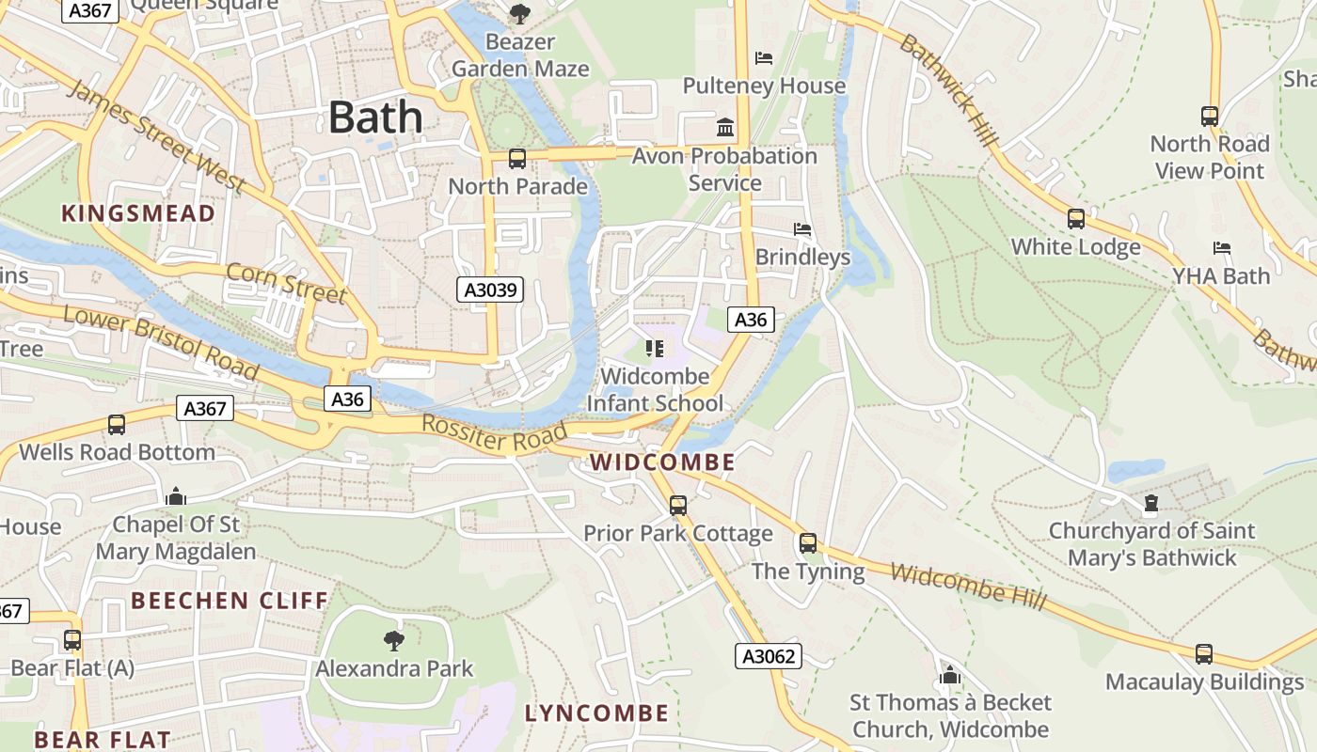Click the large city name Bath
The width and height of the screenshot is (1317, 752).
tap(375, 117)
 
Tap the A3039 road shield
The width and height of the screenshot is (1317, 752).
tap(489, 290)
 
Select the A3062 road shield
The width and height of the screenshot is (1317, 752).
tap(768, 656)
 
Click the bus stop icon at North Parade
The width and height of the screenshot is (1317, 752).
tap(517, 159)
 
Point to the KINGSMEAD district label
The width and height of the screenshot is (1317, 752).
tap(138, 214)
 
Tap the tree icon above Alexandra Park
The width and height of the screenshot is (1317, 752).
tap(394, 641)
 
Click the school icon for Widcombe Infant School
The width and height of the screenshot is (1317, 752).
tap(655, 350)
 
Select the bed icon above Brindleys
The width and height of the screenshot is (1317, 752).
tap(802, 229)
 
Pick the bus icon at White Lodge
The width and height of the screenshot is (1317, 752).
tap(1076, 219)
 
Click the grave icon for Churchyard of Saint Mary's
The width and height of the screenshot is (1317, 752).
tap(1150, 504)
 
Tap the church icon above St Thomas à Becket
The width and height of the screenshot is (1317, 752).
tap(950, 676)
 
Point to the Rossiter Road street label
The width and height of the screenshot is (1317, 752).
tap(495, 433)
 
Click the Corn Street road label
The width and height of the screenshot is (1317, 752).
tap(287, 283)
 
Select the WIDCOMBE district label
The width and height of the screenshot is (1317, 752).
tap(662, 462)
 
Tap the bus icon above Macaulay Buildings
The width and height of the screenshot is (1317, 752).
tap(1204, 654)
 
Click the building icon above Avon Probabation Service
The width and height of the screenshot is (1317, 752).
tap(725, 127)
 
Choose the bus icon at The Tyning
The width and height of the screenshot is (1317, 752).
tap(808, 543)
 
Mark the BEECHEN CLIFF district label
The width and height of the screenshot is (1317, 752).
tap(230, 601)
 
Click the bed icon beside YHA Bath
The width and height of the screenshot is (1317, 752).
tap(1222, 248)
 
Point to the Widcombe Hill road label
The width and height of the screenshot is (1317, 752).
tap(968, 587)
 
